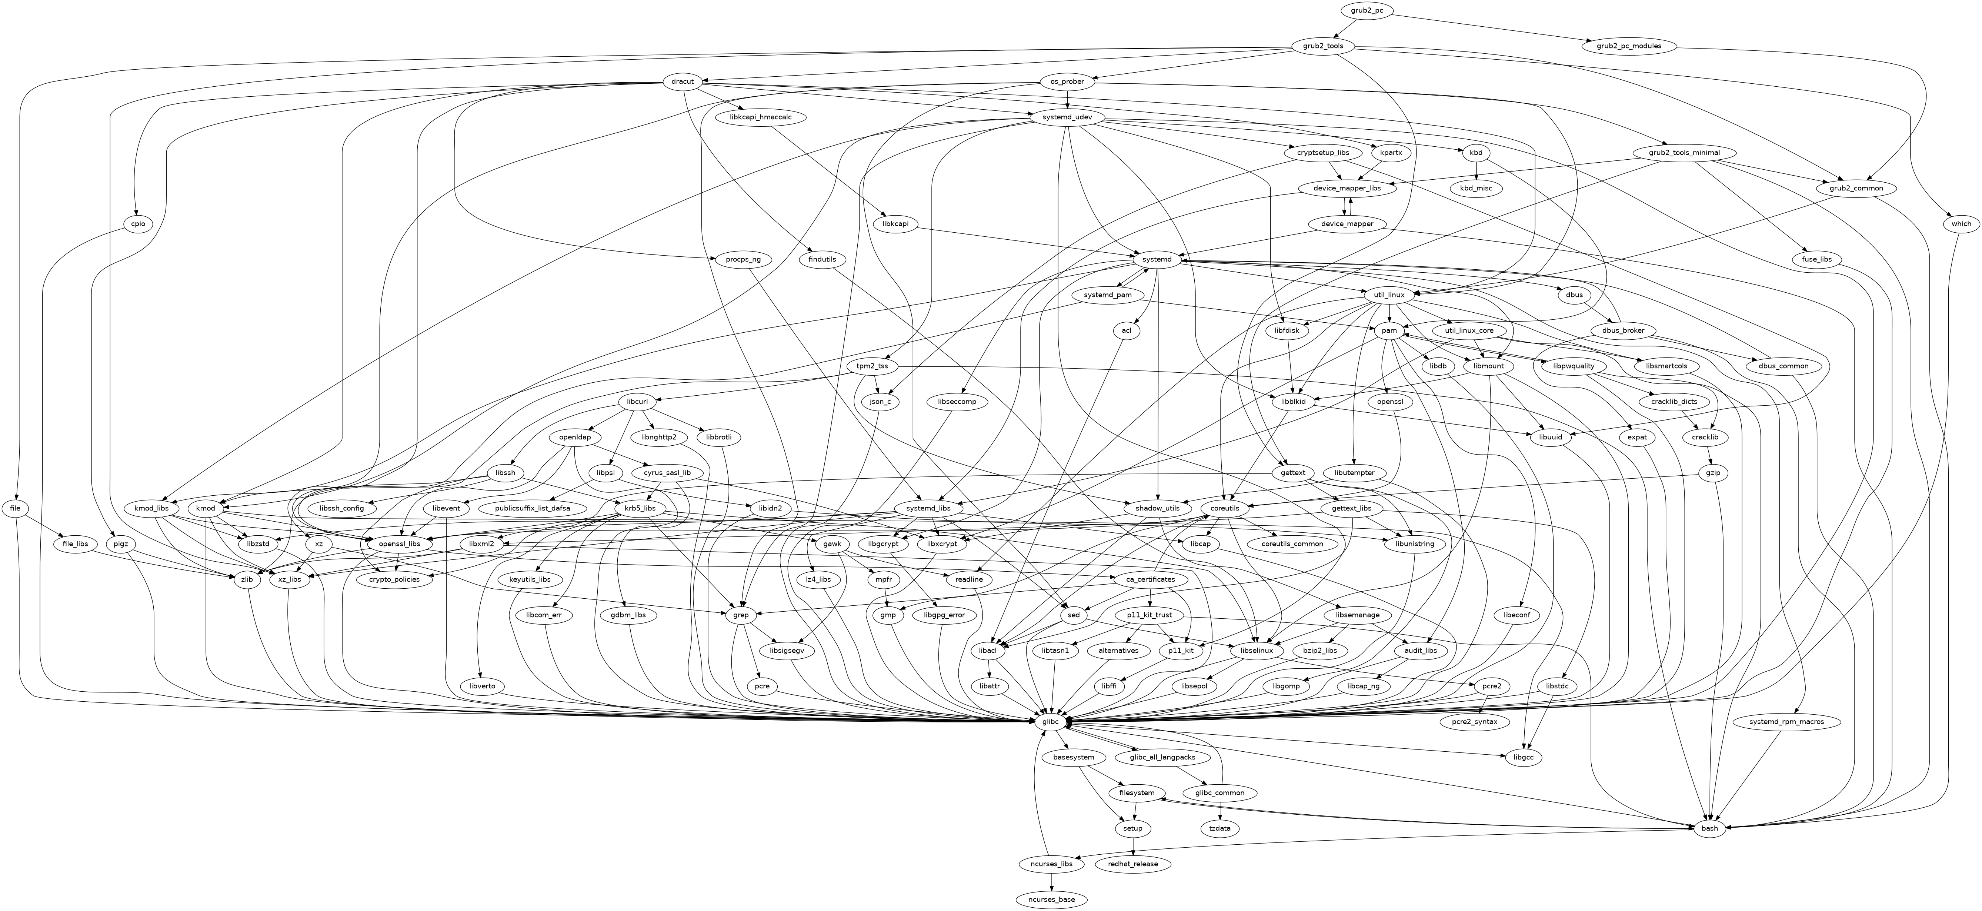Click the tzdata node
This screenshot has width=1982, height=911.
tap(1220, 828)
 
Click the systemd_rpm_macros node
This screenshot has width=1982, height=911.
tap(1779, 722)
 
